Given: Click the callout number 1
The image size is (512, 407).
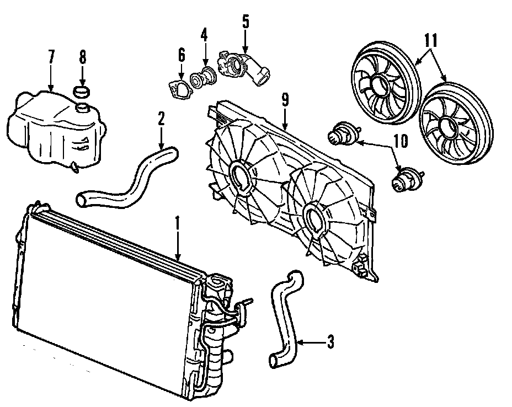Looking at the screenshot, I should click(x=178, y=223).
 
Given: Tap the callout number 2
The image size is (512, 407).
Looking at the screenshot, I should click(x=161, y=118).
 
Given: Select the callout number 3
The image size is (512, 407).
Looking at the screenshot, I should click(x=330, y=342).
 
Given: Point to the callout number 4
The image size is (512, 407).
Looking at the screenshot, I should click(x=204, y=37).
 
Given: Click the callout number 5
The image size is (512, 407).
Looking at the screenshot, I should click(x=246, y=23).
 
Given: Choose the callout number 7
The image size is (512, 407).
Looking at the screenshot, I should click(x=51, y=56).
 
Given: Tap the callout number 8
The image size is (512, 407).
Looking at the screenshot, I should click(x=82, y=56).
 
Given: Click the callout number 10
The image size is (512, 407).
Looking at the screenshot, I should click(x=401, y=141).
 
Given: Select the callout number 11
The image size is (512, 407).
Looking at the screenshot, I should click(x=431, y=40).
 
